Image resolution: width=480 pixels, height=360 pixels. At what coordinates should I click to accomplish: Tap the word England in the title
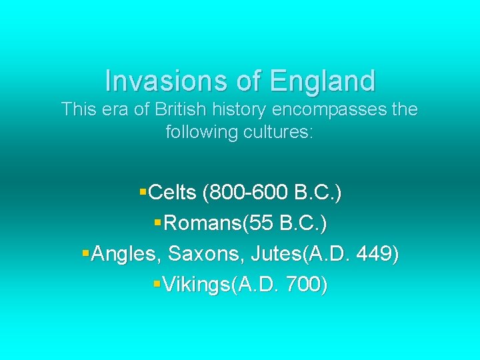(x=323, y=81)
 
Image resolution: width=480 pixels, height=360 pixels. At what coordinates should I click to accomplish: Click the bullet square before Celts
(x=143, y=193)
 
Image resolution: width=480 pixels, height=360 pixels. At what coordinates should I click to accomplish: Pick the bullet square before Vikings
(x=157, y=285)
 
